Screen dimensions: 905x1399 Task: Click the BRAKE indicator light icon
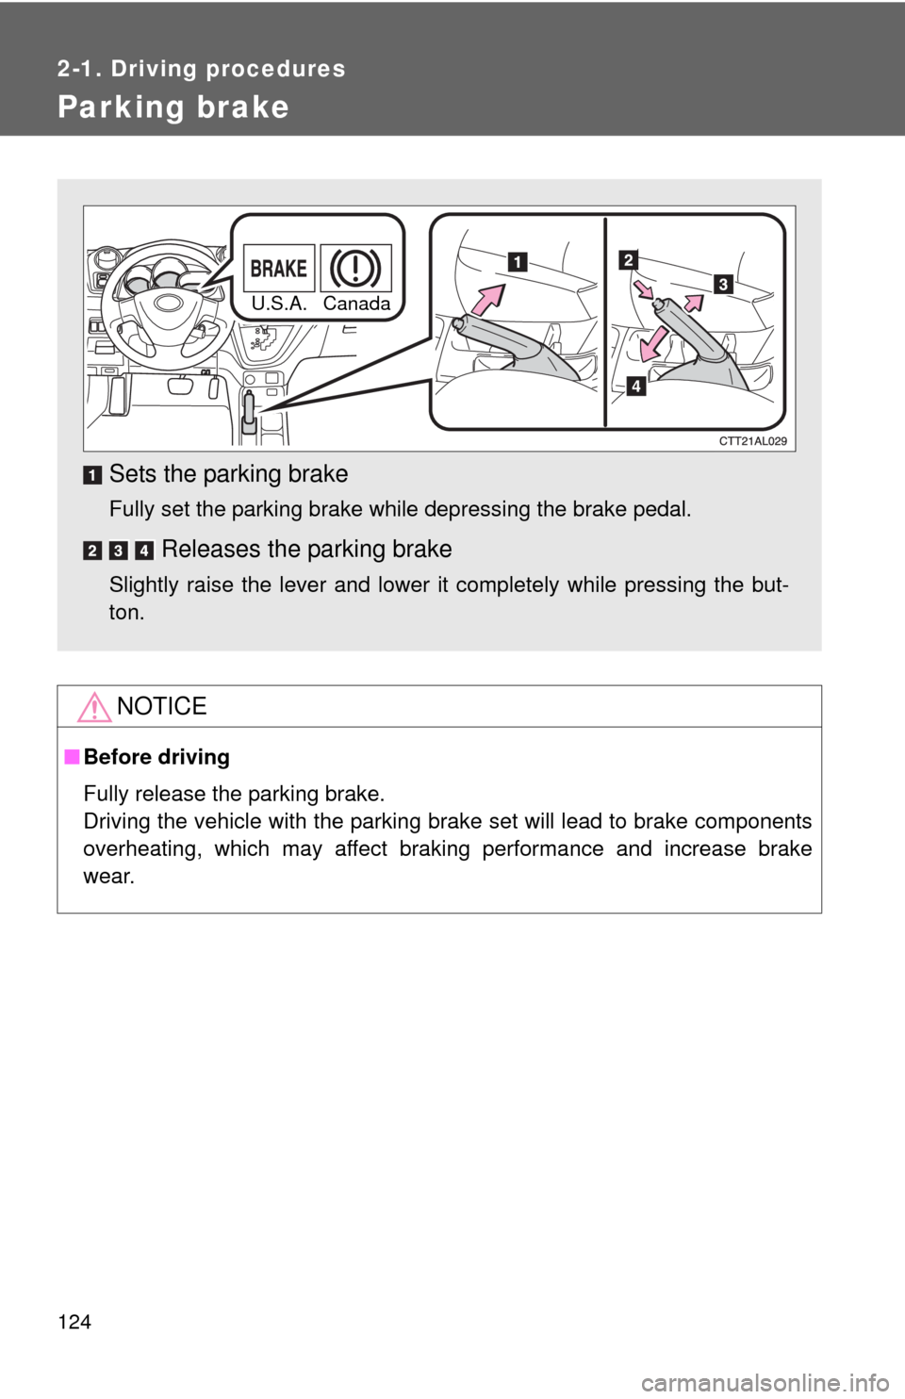point(278,268)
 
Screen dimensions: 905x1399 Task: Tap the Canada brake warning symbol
point(356,268)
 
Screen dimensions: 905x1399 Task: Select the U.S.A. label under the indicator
point(279,304)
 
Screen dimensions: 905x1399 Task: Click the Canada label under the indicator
point(356,304)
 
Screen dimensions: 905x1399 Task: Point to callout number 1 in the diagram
point(518,261)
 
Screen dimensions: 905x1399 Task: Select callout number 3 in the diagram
point(723,284)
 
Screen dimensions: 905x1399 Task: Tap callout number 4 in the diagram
point(635,387)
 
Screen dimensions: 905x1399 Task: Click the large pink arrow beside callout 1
point(487,299)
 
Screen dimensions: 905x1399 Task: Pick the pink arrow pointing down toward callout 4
point(654,342)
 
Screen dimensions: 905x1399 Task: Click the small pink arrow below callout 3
point(694,302)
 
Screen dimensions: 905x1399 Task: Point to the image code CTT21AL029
point(752,441)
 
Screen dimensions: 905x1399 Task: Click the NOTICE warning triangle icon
point(94,707)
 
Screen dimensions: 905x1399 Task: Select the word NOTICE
point(162,706)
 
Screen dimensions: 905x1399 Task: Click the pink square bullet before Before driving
point(72,757)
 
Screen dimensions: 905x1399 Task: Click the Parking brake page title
point(173,107)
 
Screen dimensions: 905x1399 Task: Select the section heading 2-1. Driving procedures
point(202,69)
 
